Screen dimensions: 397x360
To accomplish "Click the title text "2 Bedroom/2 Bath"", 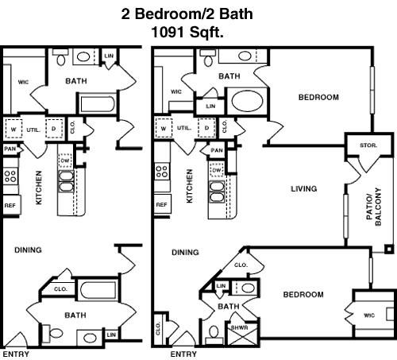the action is (187, 14).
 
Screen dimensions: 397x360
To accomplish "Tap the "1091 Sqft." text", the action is (187, 33).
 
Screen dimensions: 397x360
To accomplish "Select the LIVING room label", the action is (304, 189).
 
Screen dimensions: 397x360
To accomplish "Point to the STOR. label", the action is (368, 145).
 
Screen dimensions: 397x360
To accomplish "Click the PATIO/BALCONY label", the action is (374, 207).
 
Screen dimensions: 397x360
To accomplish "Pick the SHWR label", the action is (240, 327).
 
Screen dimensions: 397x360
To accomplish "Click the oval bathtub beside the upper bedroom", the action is (248, 101).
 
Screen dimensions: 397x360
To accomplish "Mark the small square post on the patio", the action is (389, 250).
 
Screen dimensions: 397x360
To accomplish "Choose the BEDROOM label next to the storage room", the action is (318, 97).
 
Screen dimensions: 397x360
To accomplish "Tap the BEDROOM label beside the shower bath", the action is (303, 295).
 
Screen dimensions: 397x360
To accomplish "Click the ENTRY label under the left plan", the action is (16, 354).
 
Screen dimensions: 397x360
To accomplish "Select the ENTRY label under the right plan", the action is (183, 354).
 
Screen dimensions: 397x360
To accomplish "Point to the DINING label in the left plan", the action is (28, 250).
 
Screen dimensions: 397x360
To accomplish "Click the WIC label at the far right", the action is (369, 315).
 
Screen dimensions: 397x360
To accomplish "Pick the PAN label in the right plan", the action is (217, 150).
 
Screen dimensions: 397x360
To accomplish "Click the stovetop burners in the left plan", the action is (11, 176).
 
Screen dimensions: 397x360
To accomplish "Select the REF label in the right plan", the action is (161, 205).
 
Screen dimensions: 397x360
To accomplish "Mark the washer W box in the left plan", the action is (13, 129).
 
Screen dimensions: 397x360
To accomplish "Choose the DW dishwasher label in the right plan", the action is (217, 170).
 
